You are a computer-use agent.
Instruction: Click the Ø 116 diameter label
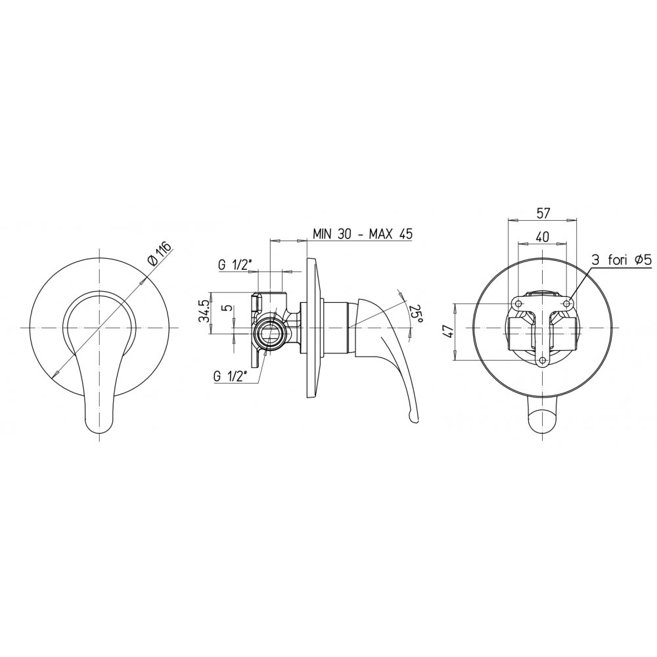pos(160,254)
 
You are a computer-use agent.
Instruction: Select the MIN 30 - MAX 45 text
pos(363,234)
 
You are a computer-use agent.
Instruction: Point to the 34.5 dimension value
pos(205,310)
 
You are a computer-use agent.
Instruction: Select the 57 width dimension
pos(543,213)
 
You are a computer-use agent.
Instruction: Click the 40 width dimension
pos(543,237)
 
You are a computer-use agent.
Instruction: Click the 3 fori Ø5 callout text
pos(622,261)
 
